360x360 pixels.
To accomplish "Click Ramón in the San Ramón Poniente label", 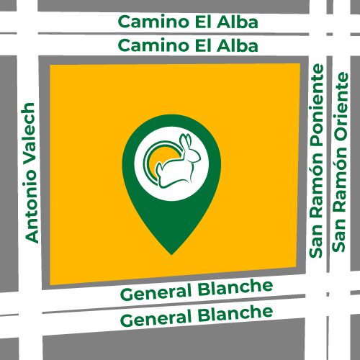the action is pos(317,185).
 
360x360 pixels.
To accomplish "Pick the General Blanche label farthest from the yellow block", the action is pos(196,315).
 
